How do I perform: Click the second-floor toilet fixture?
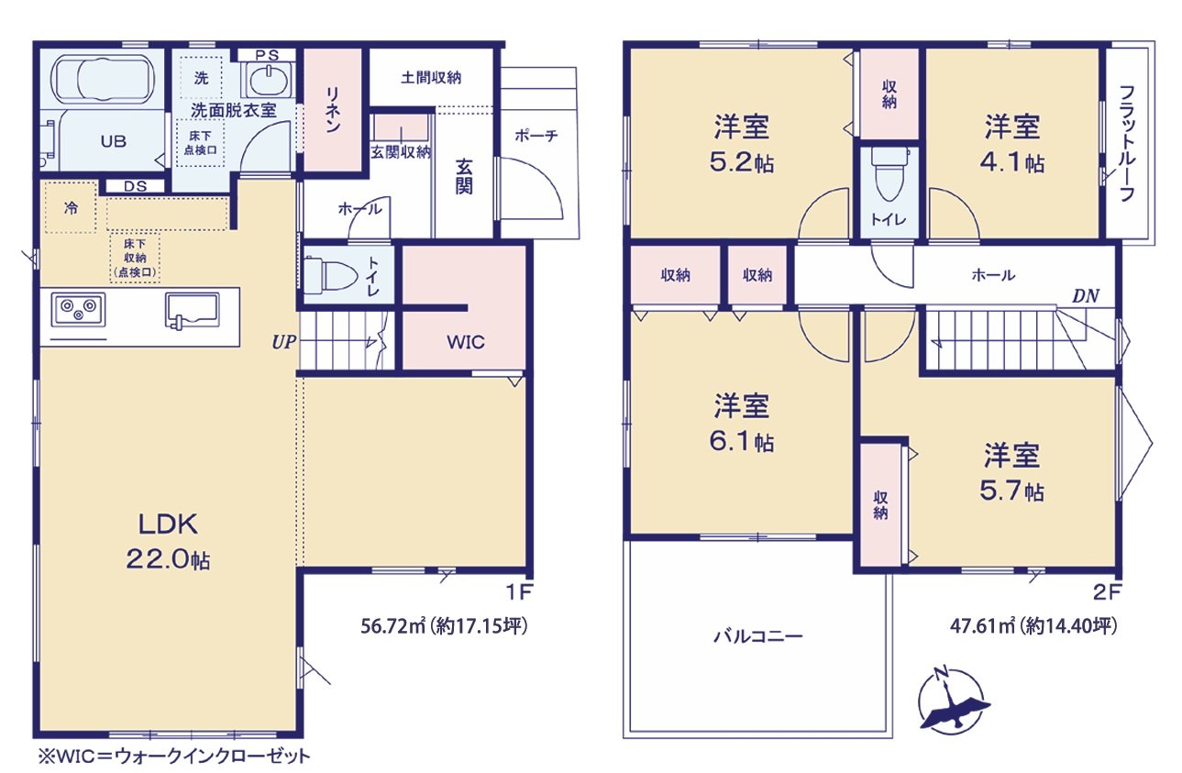click(887, 178)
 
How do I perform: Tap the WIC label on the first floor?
click(466, 343)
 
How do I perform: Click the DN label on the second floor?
click(1086, 295)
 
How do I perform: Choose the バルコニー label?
click(757, 635)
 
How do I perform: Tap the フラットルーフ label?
click(1128, 143)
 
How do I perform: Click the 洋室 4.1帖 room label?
click(1013, 143)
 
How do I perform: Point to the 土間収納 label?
click(431, 78)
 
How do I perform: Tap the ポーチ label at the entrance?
click(536, 136)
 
